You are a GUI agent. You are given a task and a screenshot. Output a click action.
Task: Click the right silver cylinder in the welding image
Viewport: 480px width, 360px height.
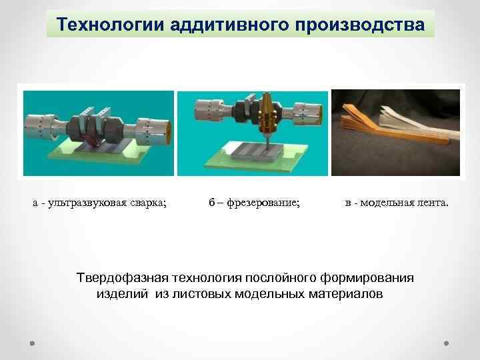(x=153, y=125)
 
